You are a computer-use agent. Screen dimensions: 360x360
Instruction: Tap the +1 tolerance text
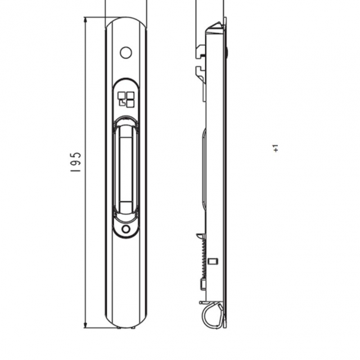pyautogui.click(x=276, y=148)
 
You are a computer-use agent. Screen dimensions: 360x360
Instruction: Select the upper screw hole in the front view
pyautogui.click(x=126, y=53)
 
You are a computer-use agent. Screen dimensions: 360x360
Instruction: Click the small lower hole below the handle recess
pyautogui.click(x=125, y=229)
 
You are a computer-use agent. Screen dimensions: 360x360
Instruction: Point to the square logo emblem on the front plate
pyautogui.click(x=125, y=99)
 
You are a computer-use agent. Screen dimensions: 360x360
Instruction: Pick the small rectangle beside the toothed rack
pyautogui.click(x=212, y=260)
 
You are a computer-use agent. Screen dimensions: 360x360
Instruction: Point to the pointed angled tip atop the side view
pyautogui.click(x=215, y=26)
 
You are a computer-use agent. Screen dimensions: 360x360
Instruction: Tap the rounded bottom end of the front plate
pyautogui.click(x=126, y=323)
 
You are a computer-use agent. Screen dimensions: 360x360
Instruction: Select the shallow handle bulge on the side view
pyautogui.click(x=204, y=169)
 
